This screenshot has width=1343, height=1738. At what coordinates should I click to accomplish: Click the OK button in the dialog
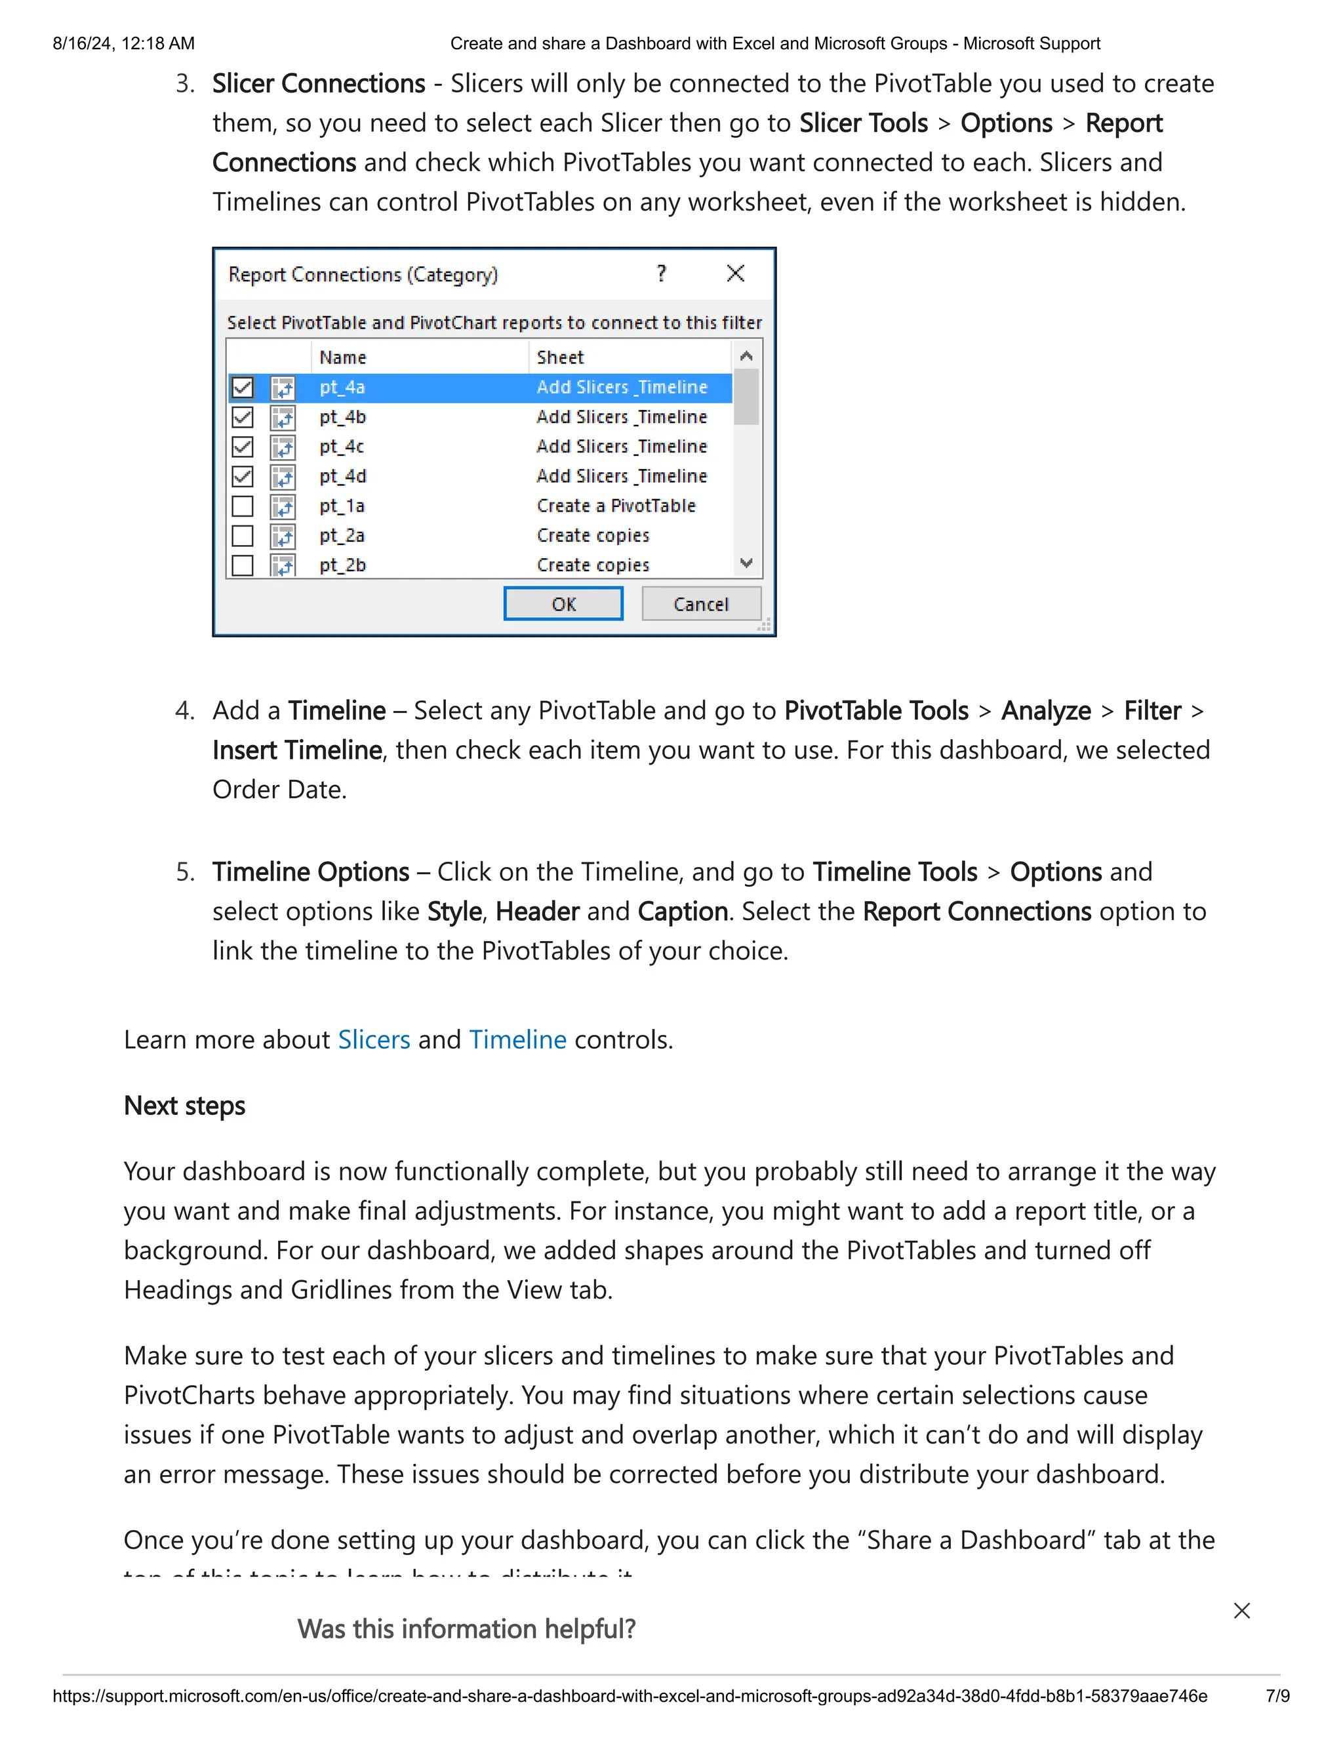point(563,604)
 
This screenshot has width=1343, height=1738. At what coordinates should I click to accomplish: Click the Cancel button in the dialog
point(701,604)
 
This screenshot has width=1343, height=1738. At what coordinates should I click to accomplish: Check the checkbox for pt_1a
point(243,506)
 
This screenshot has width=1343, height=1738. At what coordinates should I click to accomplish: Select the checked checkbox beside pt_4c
point(243,447)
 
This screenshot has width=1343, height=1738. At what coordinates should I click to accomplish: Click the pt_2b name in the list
point(343,565)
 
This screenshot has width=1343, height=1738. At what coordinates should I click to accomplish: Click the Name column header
point(343,357)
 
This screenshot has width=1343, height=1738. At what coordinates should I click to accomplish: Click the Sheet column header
point(560,357)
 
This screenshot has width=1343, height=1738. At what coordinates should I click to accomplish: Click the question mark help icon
point(661,273)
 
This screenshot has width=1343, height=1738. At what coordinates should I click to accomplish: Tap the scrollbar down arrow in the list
point(746,563)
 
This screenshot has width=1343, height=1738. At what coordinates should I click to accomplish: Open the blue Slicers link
point(374,1040)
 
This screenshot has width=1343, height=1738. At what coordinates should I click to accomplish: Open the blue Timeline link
point(518,1040)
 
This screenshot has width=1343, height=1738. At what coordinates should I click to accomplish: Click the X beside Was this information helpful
point(1242,1611)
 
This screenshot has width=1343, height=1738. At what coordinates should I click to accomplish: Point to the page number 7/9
point(1278,1696)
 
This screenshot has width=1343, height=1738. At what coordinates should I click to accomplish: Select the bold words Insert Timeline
point(298,750)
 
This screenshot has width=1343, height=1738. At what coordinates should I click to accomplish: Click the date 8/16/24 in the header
point(83,44)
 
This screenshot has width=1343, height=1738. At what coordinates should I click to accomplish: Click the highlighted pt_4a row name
point(343,388)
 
